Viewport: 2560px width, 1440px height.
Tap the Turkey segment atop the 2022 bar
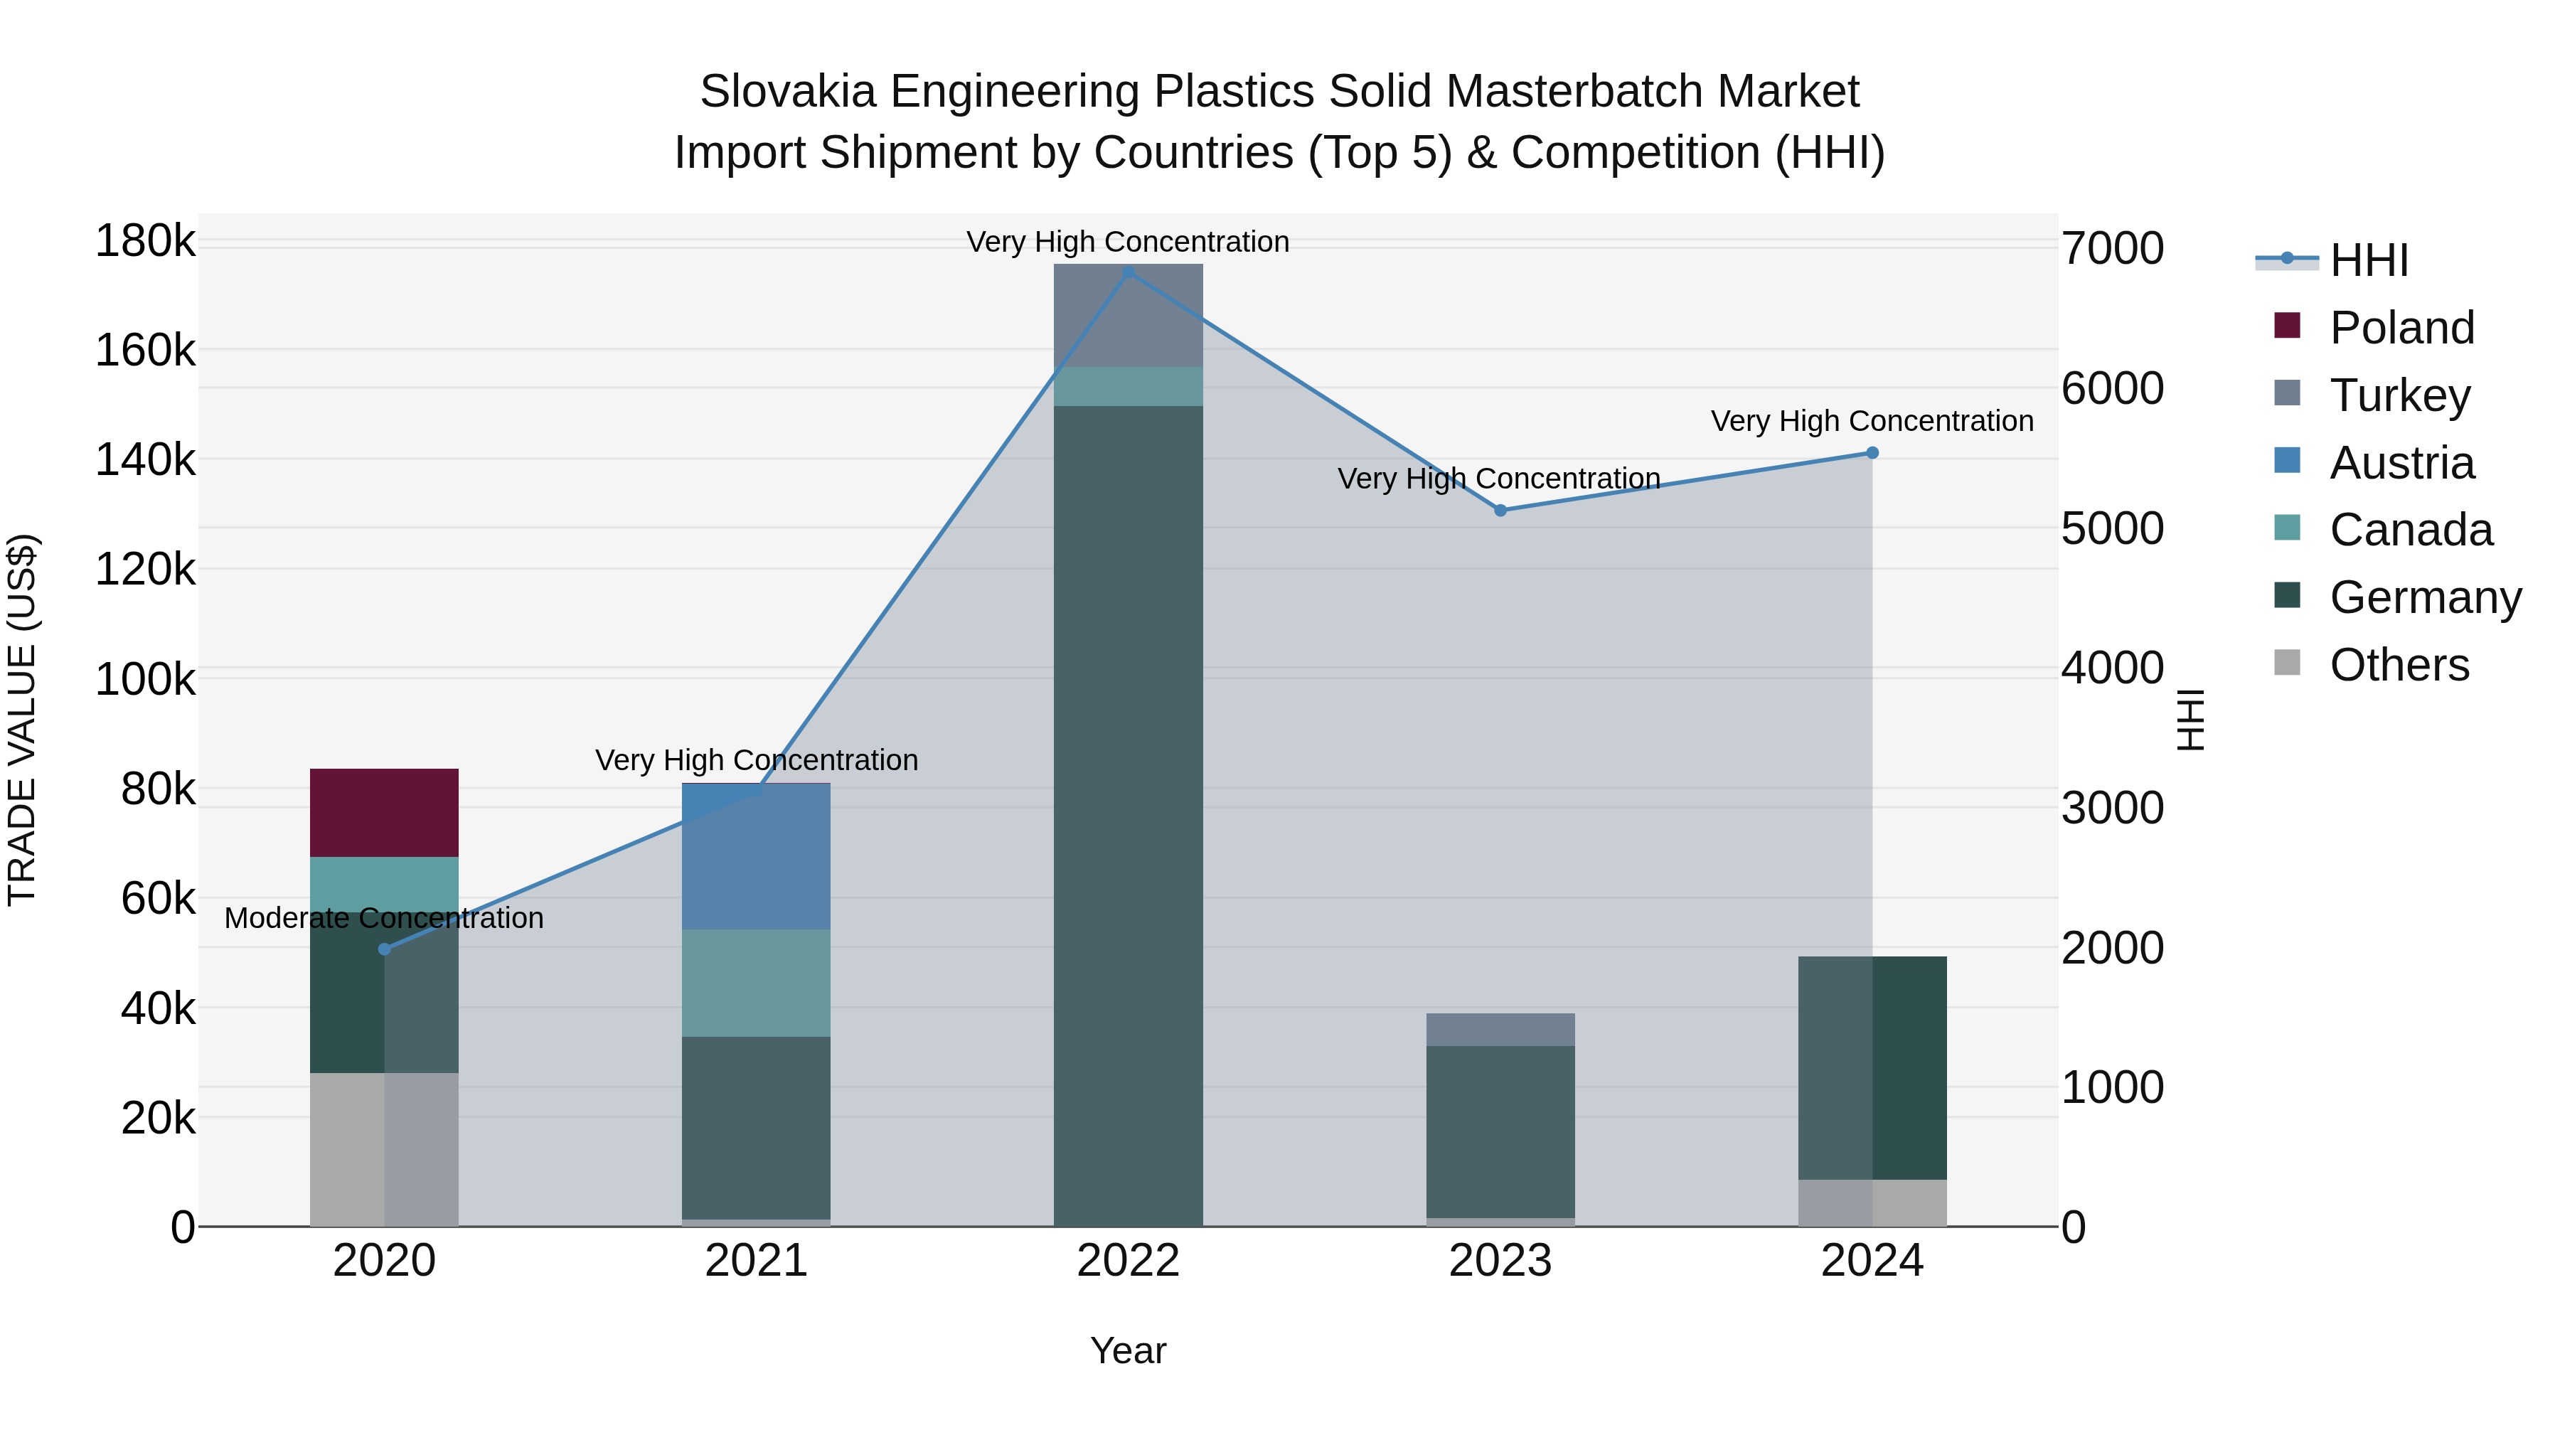[x=1127, y=315]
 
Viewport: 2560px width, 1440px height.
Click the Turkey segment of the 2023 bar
[x=1500, y=1030]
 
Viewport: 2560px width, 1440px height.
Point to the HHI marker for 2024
[x=1872, y=453]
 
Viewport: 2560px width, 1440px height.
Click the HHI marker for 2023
[x=1500, y=511]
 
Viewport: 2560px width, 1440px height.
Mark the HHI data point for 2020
[x=385, y=949]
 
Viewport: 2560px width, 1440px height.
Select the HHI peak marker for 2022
[x=1128, y=272]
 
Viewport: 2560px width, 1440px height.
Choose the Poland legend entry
[x=2401, y=328]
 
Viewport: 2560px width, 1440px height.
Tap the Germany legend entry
[x=2425, y=597]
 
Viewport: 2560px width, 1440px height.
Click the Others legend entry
[x=2399, y=665]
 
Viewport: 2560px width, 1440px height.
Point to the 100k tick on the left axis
[x=145, y=680]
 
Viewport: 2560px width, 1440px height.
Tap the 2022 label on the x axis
[x=1128, y=1261]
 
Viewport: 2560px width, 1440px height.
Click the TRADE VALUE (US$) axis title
[x=22, y=720]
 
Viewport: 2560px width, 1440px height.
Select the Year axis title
[x=1128, y=1350]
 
